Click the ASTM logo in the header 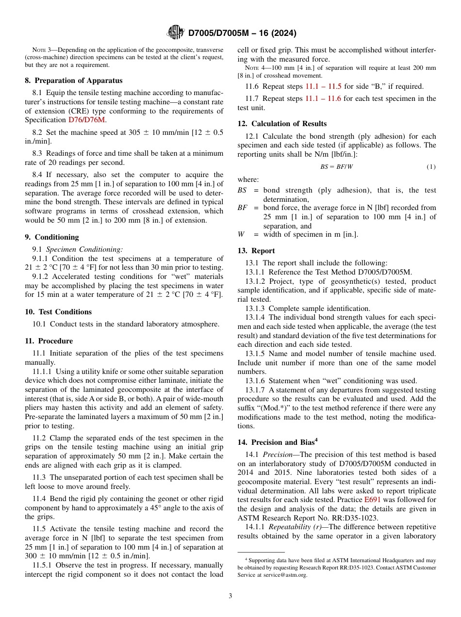pyautogui.click(x=175, y=32)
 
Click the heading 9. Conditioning pyautogui.click(x=51, y=237)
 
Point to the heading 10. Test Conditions pyautogui.click(x=58, y=312)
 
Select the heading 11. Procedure pyautogui.click(x=49, y=341)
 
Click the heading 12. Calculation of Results pyautogui.click(x=282, y=124)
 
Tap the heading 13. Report pyautogui.click(x=256, y=251)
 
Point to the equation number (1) pyautogui.click(x=431, y=167)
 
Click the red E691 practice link pyautogui.click(x=372, y=500)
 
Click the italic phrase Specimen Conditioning pyautogui.click(x=84, y=249)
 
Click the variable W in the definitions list pyautogui.click(x=241, y=234)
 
